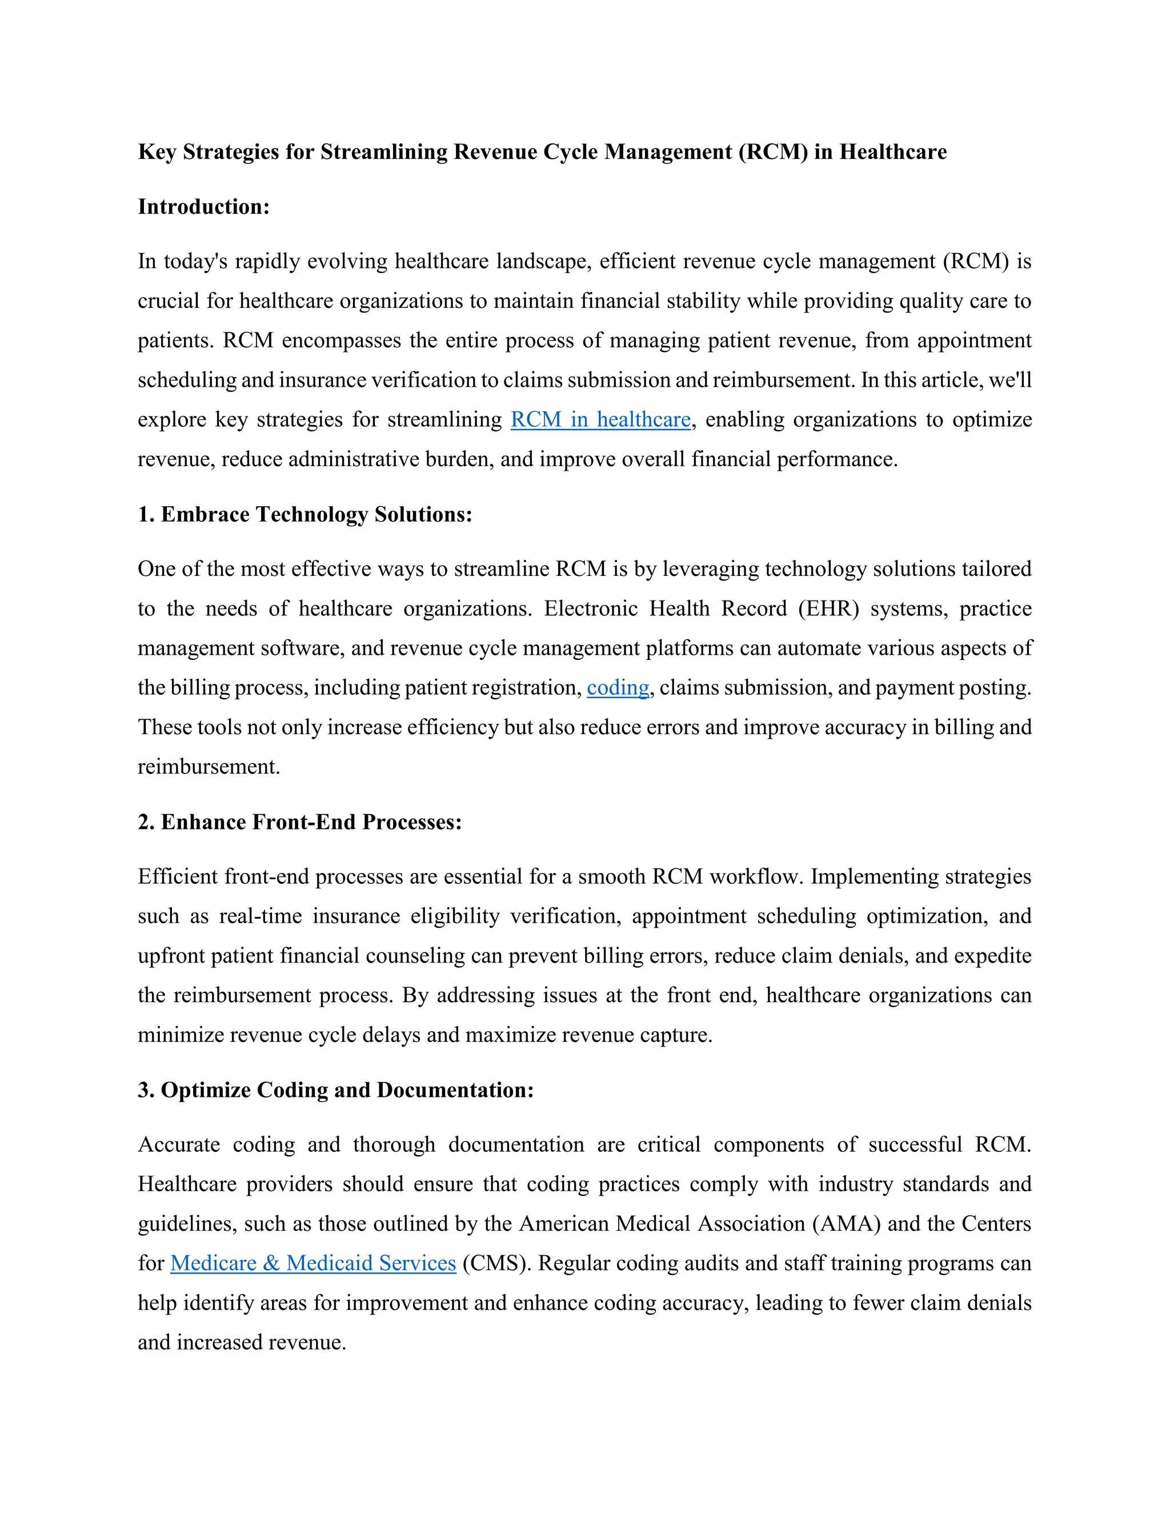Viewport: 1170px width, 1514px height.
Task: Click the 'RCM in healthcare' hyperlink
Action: pos(600,419)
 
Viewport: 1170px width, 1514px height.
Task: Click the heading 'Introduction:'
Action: pos(203,207)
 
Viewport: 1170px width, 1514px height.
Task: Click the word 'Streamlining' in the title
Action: pos(384,152)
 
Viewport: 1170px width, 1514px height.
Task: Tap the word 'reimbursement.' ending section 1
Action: pos(209,767)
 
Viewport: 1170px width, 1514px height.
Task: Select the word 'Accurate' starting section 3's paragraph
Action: pos(179,1144)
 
